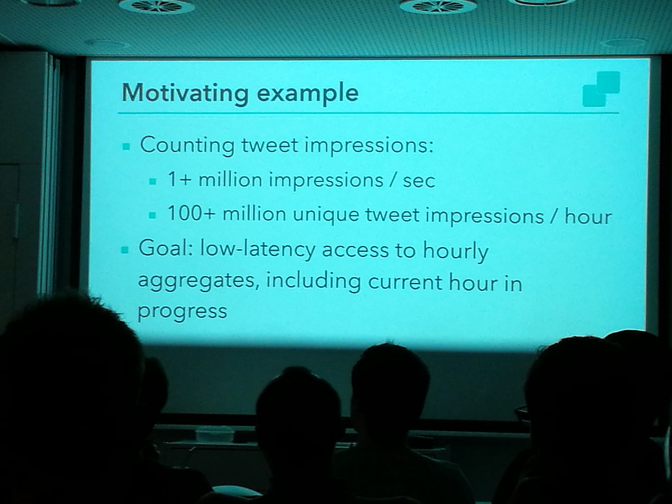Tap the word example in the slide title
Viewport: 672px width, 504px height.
tap(307, 93)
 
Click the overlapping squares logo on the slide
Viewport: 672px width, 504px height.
tap(601, 89)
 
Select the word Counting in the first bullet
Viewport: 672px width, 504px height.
tap(187, 146)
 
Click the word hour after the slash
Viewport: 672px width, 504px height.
tap(587, 216)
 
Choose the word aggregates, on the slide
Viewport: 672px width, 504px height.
tap(198, 282)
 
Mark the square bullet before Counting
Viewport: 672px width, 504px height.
tap(126, 147)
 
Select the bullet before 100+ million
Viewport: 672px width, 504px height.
tap(152, 216)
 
